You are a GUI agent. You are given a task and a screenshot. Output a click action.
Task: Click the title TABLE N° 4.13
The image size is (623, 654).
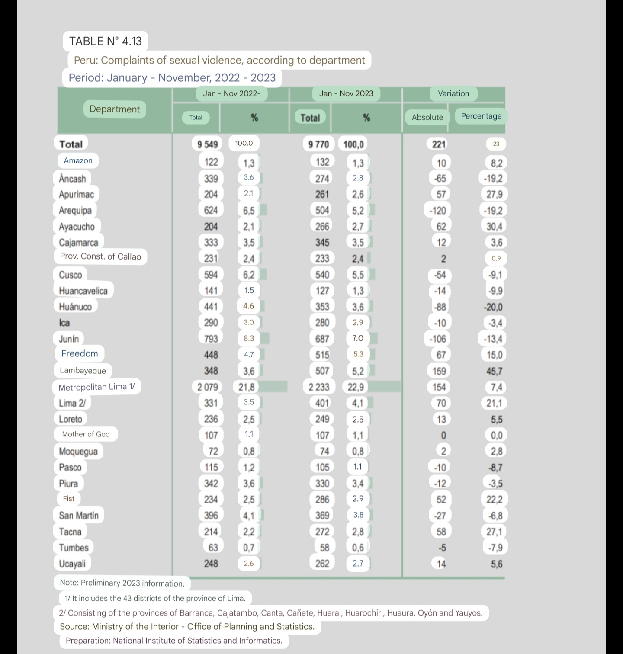pos(105,41)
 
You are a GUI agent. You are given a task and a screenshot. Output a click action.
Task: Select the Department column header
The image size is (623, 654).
pos(115,109)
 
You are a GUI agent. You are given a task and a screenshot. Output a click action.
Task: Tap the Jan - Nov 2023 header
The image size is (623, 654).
pos(346,93)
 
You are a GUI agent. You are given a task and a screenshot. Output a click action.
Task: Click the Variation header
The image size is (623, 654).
pos(453,93)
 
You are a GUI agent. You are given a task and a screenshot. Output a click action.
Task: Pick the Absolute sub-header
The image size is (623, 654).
pos(427,117)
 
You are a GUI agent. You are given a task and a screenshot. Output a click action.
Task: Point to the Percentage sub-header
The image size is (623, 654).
pos(481,116)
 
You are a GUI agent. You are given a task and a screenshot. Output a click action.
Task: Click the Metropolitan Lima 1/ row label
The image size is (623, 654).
pos(96,387)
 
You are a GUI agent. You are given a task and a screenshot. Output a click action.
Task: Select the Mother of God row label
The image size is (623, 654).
pos(86,434)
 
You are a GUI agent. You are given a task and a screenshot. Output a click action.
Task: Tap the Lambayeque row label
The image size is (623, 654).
pos(83,370)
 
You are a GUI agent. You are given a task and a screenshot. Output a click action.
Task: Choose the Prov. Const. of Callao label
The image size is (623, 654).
pos(100,256)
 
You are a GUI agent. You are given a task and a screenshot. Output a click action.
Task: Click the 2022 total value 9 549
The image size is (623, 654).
pos(207,144)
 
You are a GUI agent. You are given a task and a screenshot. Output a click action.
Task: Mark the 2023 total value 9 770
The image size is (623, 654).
pos(318,144)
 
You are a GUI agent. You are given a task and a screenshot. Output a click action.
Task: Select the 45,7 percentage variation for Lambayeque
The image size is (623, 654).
pos(494,371)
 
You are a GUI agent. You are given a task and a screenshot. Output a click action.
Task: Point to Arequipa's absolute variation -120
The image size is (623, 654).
pos(437,211)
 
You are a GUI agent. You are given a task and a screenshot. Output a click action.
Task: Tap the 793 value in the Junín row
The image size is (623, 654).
pos(211,338)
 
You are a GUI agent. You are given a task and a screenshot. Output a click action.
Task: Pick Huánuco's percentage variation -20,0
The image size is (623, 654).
pos(493,307)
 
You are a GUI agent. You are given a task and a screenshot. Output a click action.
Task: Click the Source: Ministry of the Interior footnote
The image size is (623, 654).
pos(187,626)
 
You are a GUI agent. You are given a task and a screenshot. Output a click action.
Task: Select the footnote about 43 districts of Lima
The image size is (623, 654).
pos(155,598)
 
